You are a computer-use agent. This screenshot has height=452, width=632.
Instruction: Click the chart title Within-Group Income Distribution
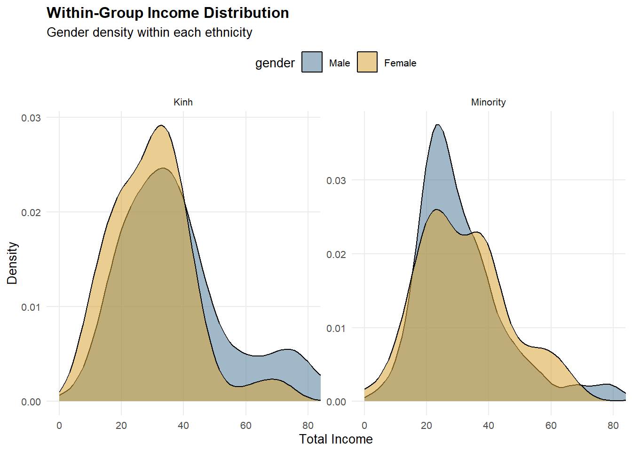pos(167,13)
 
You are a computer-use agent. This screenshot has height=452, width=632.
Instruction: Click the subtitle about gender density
pos(149,32)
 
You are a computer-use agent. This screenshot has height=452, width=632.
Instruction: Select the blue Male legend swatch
pos(312,62)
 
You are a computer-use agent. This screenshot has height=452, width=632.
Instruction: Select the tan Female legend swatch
pos(367,62)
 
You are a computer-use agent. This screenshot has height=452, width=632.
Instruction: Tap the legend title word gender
pos(275,63)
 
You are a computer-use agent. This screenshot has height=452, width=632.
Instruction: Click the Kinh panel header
pos(183,102)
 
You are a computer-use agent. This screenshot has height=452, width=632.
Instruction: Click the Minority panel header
pos(488,102)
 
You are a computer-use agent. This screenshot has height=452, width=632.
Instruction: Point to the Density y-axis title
pos(12,263)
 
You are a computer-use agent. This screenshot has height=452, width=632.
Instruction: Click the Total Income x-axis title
pos(336,439)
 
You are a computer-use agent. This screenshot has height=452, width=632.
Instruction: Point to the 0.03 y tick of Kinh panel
pos(31,118)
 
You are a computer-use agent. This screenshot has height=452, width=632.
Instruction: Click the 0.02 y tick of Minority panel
pos(336,254)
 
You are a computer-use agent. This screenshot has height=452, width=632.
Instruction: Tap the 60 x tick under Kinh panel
pos(245,426)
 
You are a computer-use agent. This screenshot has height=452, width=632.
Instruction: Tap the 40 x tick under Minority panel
pos(489,426)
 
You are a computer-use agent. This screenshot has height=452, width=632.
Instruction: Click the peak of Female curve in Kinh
pos(161,125)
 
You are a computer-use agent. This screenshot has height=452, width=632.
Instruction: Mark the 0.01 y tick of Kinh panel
pos(31,307)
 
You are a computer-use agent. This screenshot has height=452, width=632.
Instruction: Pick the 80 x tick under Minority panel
pos(613,426)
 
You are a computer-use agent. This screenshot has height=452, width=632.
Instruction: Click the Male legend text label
pos(340,63)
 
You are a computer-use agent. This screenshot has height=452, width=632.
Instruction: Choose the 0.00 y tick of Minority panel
pos(336,402)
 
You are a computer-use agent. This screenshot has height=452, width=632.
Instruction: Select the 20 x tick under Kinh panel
pos(121,426)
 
